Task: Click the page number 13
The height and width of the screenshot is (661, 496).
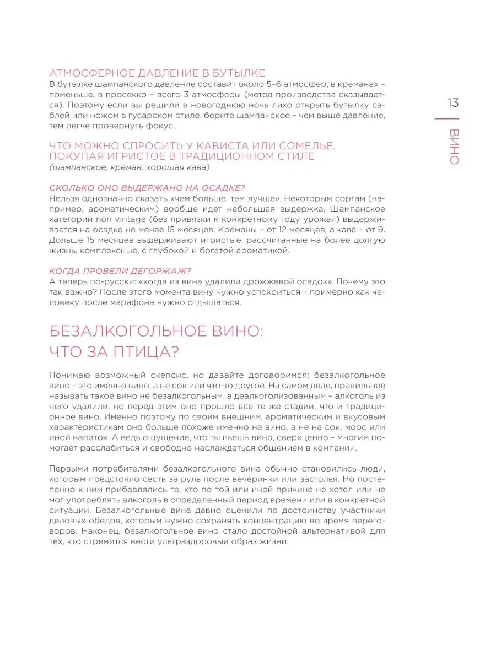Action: [453, 103]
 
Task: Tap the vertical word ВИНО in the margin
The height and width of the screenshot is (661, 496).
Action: [454, 148]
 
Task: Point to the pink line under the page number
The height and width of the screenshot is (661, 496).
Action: [447, 119]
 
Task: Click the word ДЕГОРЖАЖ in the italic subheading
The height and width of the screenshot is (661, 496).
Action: [159, 271]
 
